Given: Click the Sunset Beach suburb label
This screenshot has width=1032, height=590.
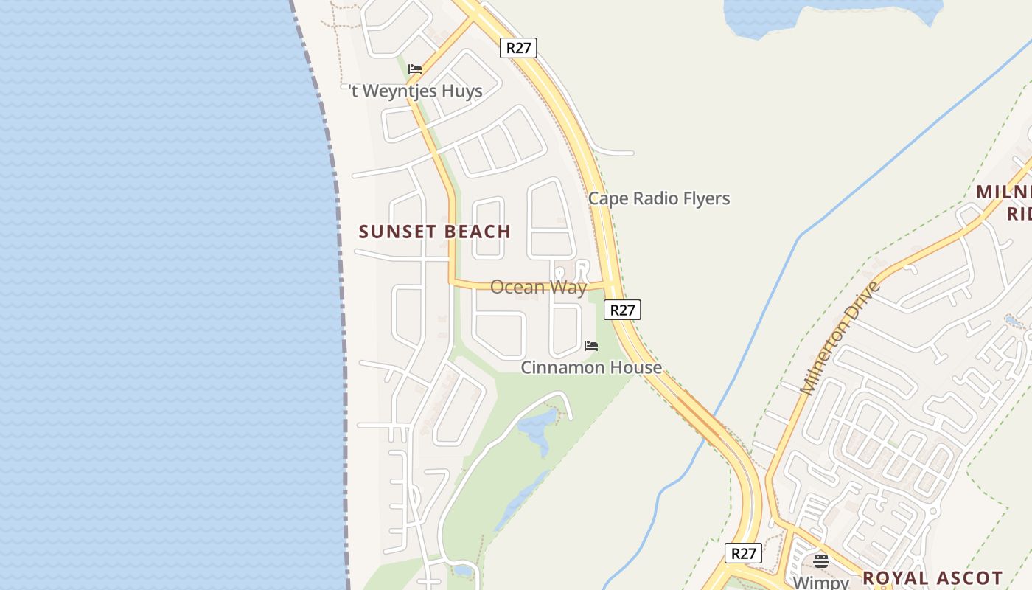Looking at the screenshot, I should tap(435, 232).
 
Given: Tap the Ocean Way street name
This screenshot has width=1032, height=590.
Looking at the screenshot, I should tap(538, 287).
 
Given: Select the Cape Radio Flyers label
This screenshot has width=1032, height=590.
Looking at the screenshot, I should tap(658, 198).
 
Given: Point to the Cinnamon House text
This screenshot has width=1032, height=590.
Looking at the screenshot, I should tap(591, 367).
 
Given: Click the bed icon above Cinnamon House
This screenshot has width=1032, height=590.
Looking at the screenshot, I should tap(591, 345).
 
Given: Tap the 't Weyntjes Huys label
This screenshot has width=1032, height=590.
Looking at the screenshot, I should tap(416, 91).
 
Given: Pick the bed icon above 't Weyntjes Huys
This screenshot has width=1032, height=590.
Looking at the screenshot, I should tap(415, 69).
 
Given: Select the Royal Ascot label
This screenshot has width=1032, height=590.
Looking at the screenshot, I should tap(932, 577).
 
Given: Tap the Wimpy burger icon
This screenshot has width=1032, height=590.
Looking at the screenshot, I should tap(821, 561).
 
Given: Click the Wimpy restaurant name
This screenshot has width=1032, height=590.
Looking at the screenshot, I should tap(821, 582).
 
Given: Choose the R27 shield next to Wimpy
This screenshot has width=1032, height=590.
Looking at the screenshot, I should tap(742, 553).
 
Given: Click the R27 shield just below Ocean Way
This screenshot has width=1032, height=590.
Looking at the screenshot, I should tap(622, 310).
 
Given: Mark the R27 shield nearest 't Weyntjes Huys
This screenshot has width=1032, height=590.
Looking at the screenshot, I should tap(518, 48).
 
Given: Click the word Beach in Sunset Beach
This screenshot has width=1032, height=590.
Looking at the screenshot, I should tap(477, 232).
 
